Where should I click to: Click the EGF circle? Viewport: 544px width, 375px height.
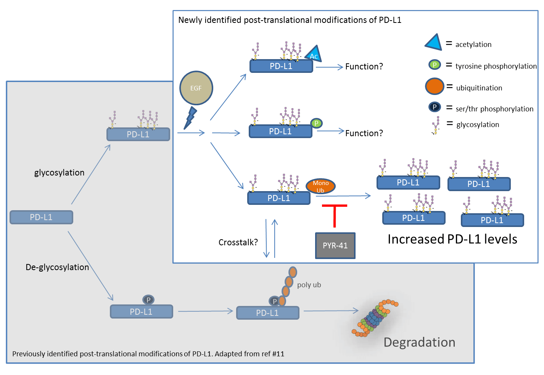coord(196,88)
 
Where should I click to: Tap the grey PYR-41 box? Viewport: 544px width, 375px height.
coord(335,246)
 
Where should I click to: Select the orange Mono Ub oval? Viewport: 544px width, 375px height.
coord(320,187)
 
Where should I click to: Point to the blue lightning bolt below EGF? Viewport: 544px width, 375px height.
coord(190,118)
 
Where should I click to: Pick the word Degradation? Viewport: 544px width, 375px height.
coord(419,342)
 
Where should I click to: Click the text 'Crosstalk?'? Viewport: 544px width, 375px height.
coord(238,242)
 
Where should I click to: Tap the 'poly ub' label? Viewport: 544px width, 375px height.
coord(309,285)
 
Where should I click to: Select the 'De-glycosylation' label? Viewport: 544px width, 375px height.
coord(57,267)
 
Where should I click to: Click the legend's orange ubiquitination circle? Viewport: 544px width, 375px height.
coord(435,87)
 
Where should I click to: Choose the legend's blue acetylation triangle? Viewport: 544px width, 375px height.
coord(434,43)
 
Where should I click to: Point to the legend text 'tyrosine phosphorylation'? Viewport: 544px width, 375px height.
coord(496,66)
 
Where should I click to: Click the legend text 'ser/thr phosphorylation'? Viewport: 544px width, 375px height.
coord(494,109)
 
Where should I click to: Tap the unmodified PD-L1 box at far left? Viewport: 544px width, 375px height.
coord(41,217)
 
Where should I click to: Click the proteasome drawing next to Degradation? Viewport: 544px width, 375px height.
coord(375,318)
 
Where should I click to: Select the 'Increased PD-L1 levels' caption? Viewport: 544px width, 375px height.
coord(452,239)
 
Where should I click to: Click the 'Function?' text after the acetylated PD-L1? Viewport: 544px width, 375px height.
coord(364,67)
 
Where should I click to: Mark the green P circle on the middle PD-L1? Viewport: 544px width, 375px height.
coord(316,123)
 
